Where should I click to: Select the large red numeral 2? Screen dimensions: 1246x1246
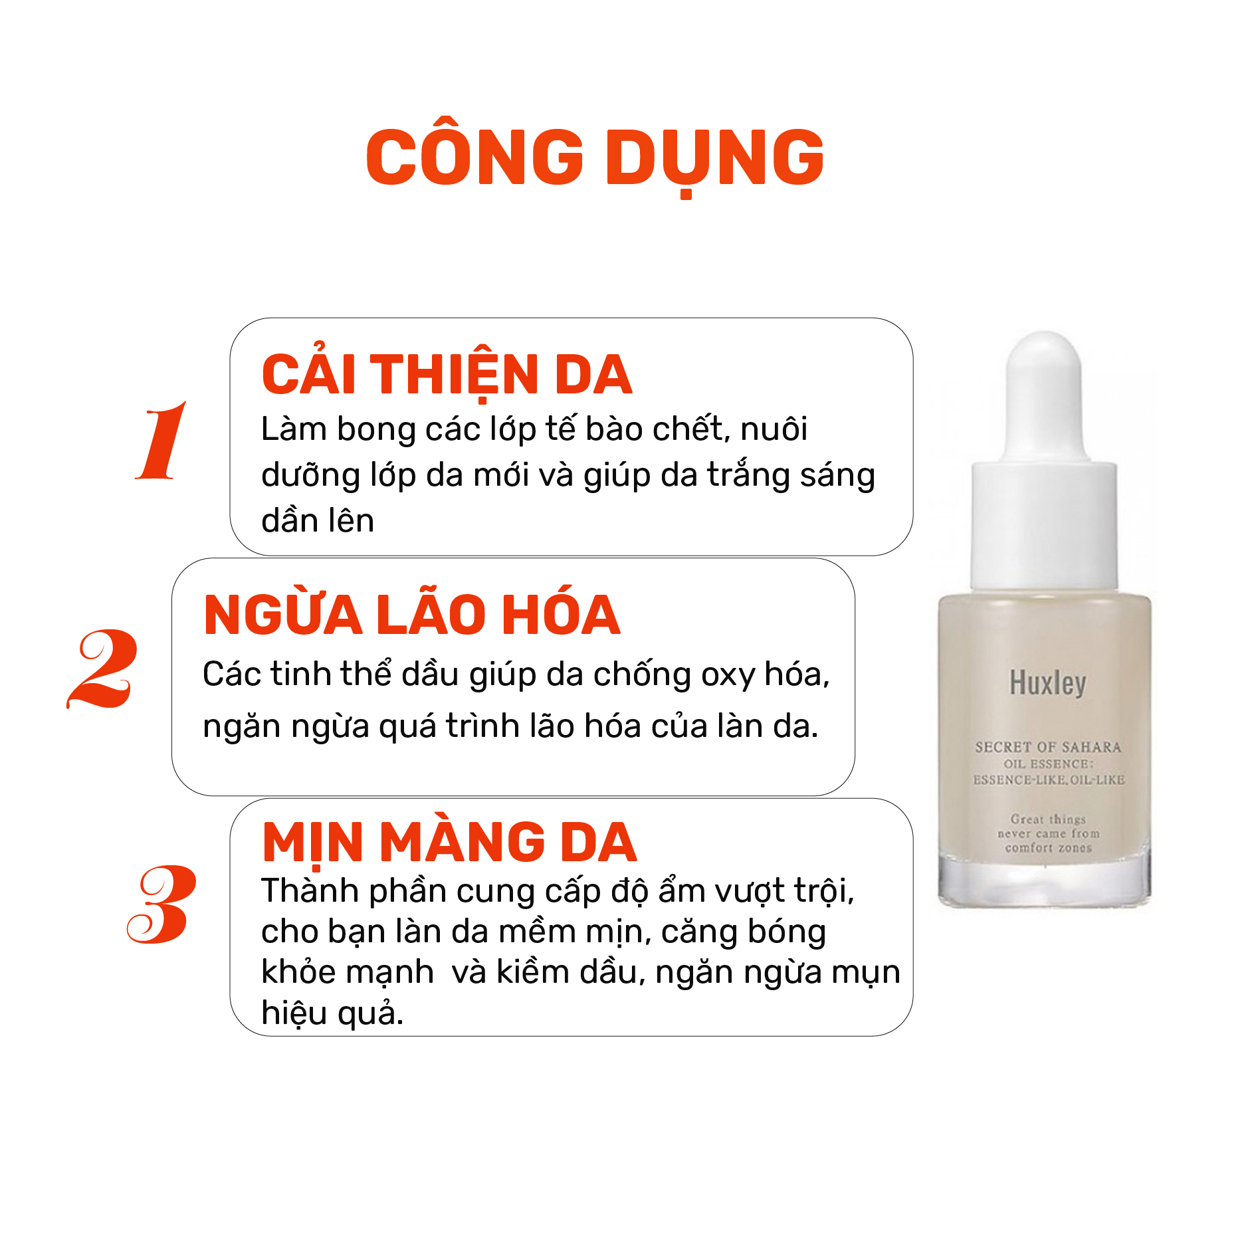(102, 669)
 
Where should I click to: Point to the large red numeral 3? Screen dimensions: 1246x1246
(161, 904)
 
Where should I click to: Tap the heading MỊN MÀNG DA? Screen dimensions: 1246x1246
(449, 843)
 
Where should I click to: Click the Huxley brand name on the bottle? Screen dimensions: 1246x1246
(1048, 684)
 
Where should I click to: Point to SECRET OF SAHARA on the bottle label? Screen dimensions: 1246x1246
(1048, 747)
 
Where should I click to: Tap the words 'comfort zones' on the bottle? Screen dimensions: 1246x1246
(1048, 848)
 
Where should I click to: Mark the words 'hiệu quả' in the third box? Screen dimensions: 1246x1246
(332, 1013)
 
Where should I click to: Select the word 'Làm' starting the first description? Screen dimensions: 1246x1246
(293, 429)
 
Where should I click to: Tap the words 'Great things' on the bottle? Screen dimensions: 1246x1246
(1048, 819)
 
